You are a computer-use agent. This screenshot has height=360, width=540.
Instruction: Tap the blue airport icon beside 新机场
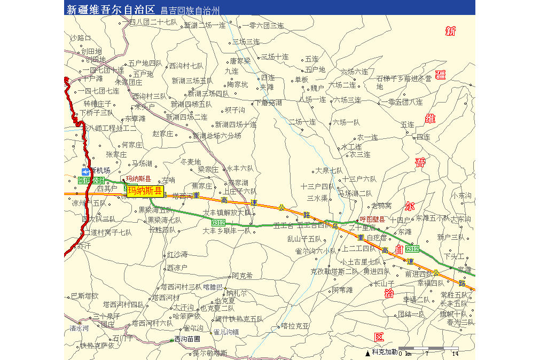click(85, 170)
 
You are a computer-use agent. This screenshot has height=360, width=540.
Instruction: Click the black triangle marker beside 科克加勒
click(367, 353)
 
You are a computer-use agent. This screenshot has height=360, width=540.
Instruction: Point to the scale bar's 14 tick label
click(455, 354)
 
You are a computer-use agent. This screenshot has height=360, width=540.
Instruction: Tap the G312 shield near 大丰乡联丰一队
click(218, 222)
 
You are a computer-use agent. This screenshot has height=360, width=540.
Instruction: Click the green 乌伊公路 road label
click(91, 181)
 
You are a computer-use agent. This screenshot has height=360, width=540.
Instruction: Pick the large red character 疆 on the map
click(441, 74)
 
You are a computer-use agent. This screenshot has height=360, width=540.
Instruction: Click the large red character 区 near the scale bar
click(379, 337)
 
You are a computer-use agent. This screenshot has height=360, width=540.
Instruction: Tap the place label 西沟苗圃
click(187, 339)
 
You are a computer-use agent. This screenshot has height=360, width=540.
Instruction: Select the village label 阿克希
click(242, 276)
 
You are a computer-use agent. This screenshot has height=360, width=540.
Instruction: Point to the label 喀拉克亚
click(295, 325)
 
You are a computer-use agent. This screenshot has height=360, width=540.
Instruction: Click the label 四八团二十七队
click(153, 22)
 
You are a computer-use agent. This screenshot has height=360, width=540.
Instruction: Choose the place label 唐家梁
click(240, 61)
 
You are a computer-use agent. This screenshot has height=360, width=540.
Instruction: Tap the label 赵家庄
click(163, 134)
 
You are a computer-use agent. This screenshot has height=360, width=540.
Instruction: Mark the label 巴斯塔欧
click(85, 296)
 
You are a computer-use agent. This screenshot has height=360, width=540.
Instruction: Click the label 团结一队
click(411, 314)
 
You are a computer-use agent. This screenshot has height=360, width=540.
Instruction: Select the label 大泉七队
click(329, 171)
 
